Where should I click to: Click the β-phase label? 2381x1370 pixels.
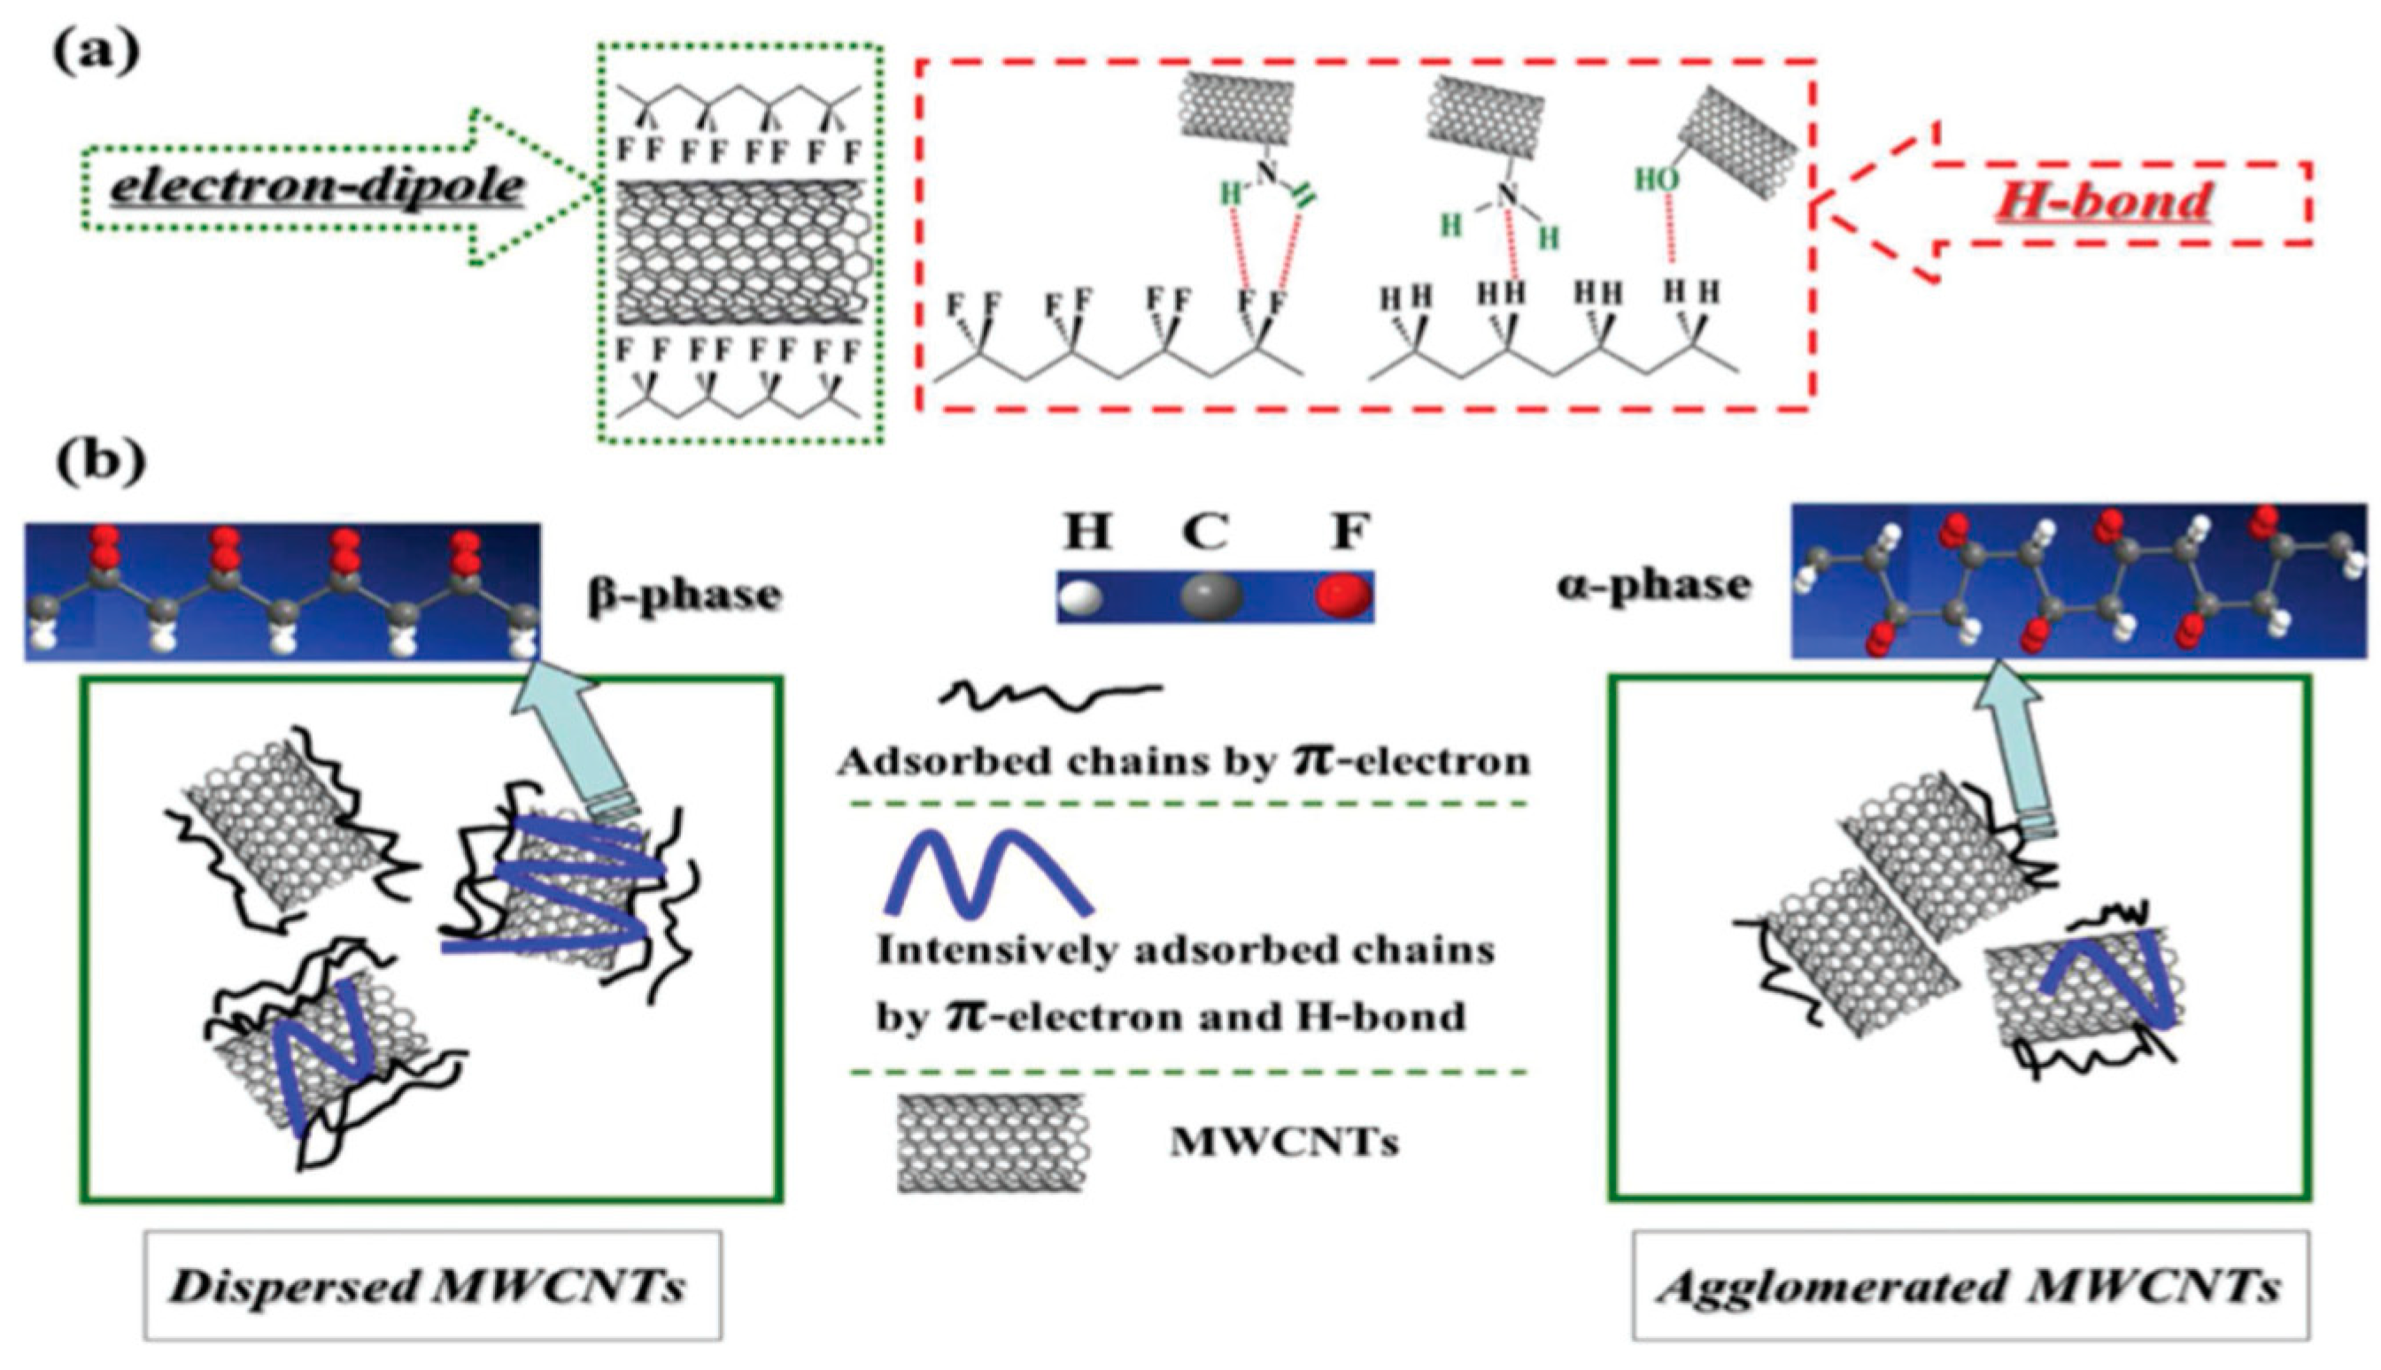(684, 594)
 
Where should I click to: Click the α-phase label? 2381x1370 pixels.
(1653, 585)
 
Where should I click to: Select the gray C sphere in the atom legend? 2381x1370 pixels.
(1211, 596)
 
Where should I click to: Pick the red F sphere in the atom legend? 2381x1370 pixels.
(1344, 596)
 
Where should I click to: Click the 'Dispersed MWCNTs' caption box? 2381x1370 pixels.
(432, 1285)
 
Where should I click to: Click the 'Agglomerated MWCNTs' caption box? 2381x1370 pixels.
(1971, 1285)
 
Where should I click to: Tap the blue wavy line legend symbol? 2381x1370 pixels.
(988, 874)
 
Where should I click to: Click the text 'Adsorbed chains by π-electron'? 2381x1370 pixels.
(1184, 761)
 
